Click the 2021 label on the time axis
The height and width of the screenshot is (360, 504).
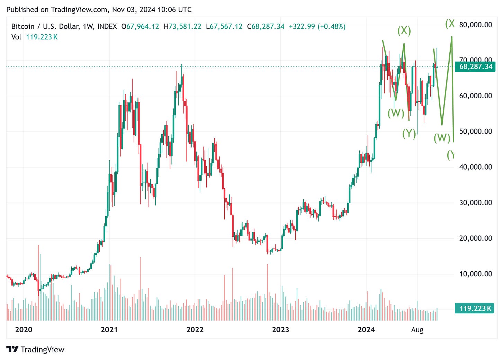109,330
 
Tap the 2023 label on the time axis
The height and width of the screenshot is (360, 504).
280,330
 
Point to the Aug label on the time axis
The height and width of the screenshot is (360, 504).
417,330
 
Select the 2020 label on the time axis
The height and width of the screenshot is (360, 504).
24,330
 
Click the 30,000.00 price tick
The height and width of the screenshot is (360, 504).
476,202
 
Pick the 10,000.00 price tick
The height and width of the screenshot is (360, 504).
476,274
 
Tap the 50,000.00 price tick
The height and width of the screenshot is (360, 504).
476,131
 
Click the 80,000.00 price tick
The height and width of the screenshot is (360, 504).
476,25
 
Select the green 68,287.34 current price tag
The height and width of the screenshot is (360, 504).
476,66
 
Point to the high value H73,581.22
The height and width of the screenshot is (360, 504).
182,27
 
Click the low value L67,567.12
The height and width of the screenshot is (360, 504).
224,27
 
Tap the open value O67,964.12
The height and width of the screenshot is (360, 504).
140,27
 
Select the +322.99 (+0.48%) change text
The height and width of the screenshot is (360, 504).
317,27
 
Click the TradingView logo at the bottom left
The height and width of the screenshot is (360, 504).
35,350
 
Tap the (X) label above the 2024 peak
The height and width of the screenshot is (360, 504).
404,31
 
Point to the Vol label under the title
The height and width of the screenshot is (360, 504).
16,37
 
